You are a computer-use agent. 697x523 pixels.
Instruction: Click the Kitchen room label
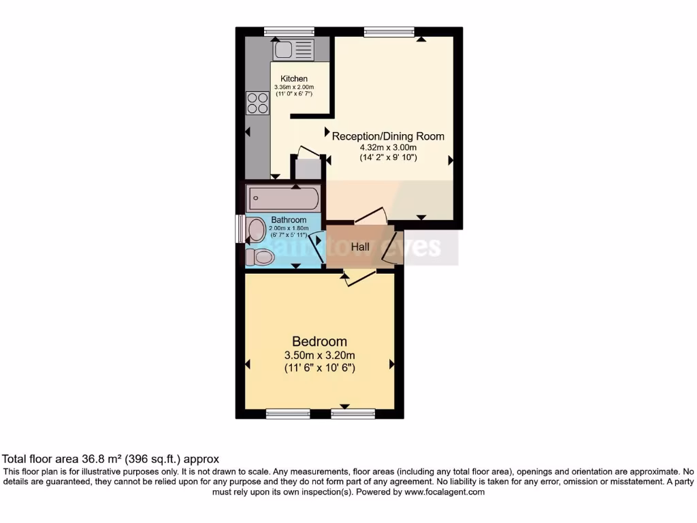pos(294,79)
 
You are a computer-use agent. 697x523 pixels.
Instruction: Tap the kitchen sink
pos(293,50)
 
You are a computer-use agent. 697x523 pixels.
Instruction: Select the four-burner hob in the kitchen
pos(258,103)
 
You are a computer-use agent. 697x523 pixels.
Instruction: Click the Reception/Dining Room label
pos(388,136)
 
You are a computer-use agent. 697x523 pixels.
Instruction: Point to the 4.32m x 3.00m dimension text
pos(388,147)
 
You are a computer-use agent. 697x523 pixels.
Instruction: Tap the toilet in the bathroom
pos(260,257)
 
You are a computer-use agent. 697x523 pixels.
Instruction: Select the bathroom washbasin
pos(256,230)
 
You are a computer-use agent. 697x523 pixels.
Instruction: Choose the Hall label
pos(360,247)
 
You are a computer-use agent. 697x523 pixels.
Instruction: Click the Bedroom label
pos(319,341)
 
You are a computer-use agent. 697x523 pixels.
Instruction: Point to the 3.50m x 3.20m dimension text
pos(319,355)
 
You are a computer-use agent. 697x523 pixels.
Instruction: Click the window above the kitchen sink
pos(289,31)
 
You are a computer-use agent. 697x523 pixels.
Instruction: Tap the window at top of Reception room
pos(389,31)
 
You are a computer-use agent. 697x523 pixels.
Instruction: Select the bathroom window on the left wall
pos(240,228)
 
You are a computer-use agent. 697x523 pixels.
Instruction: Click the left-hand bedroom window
pos(288,413)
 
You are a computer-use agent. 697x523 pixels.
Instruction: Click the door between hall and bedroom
pos(359,277)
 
